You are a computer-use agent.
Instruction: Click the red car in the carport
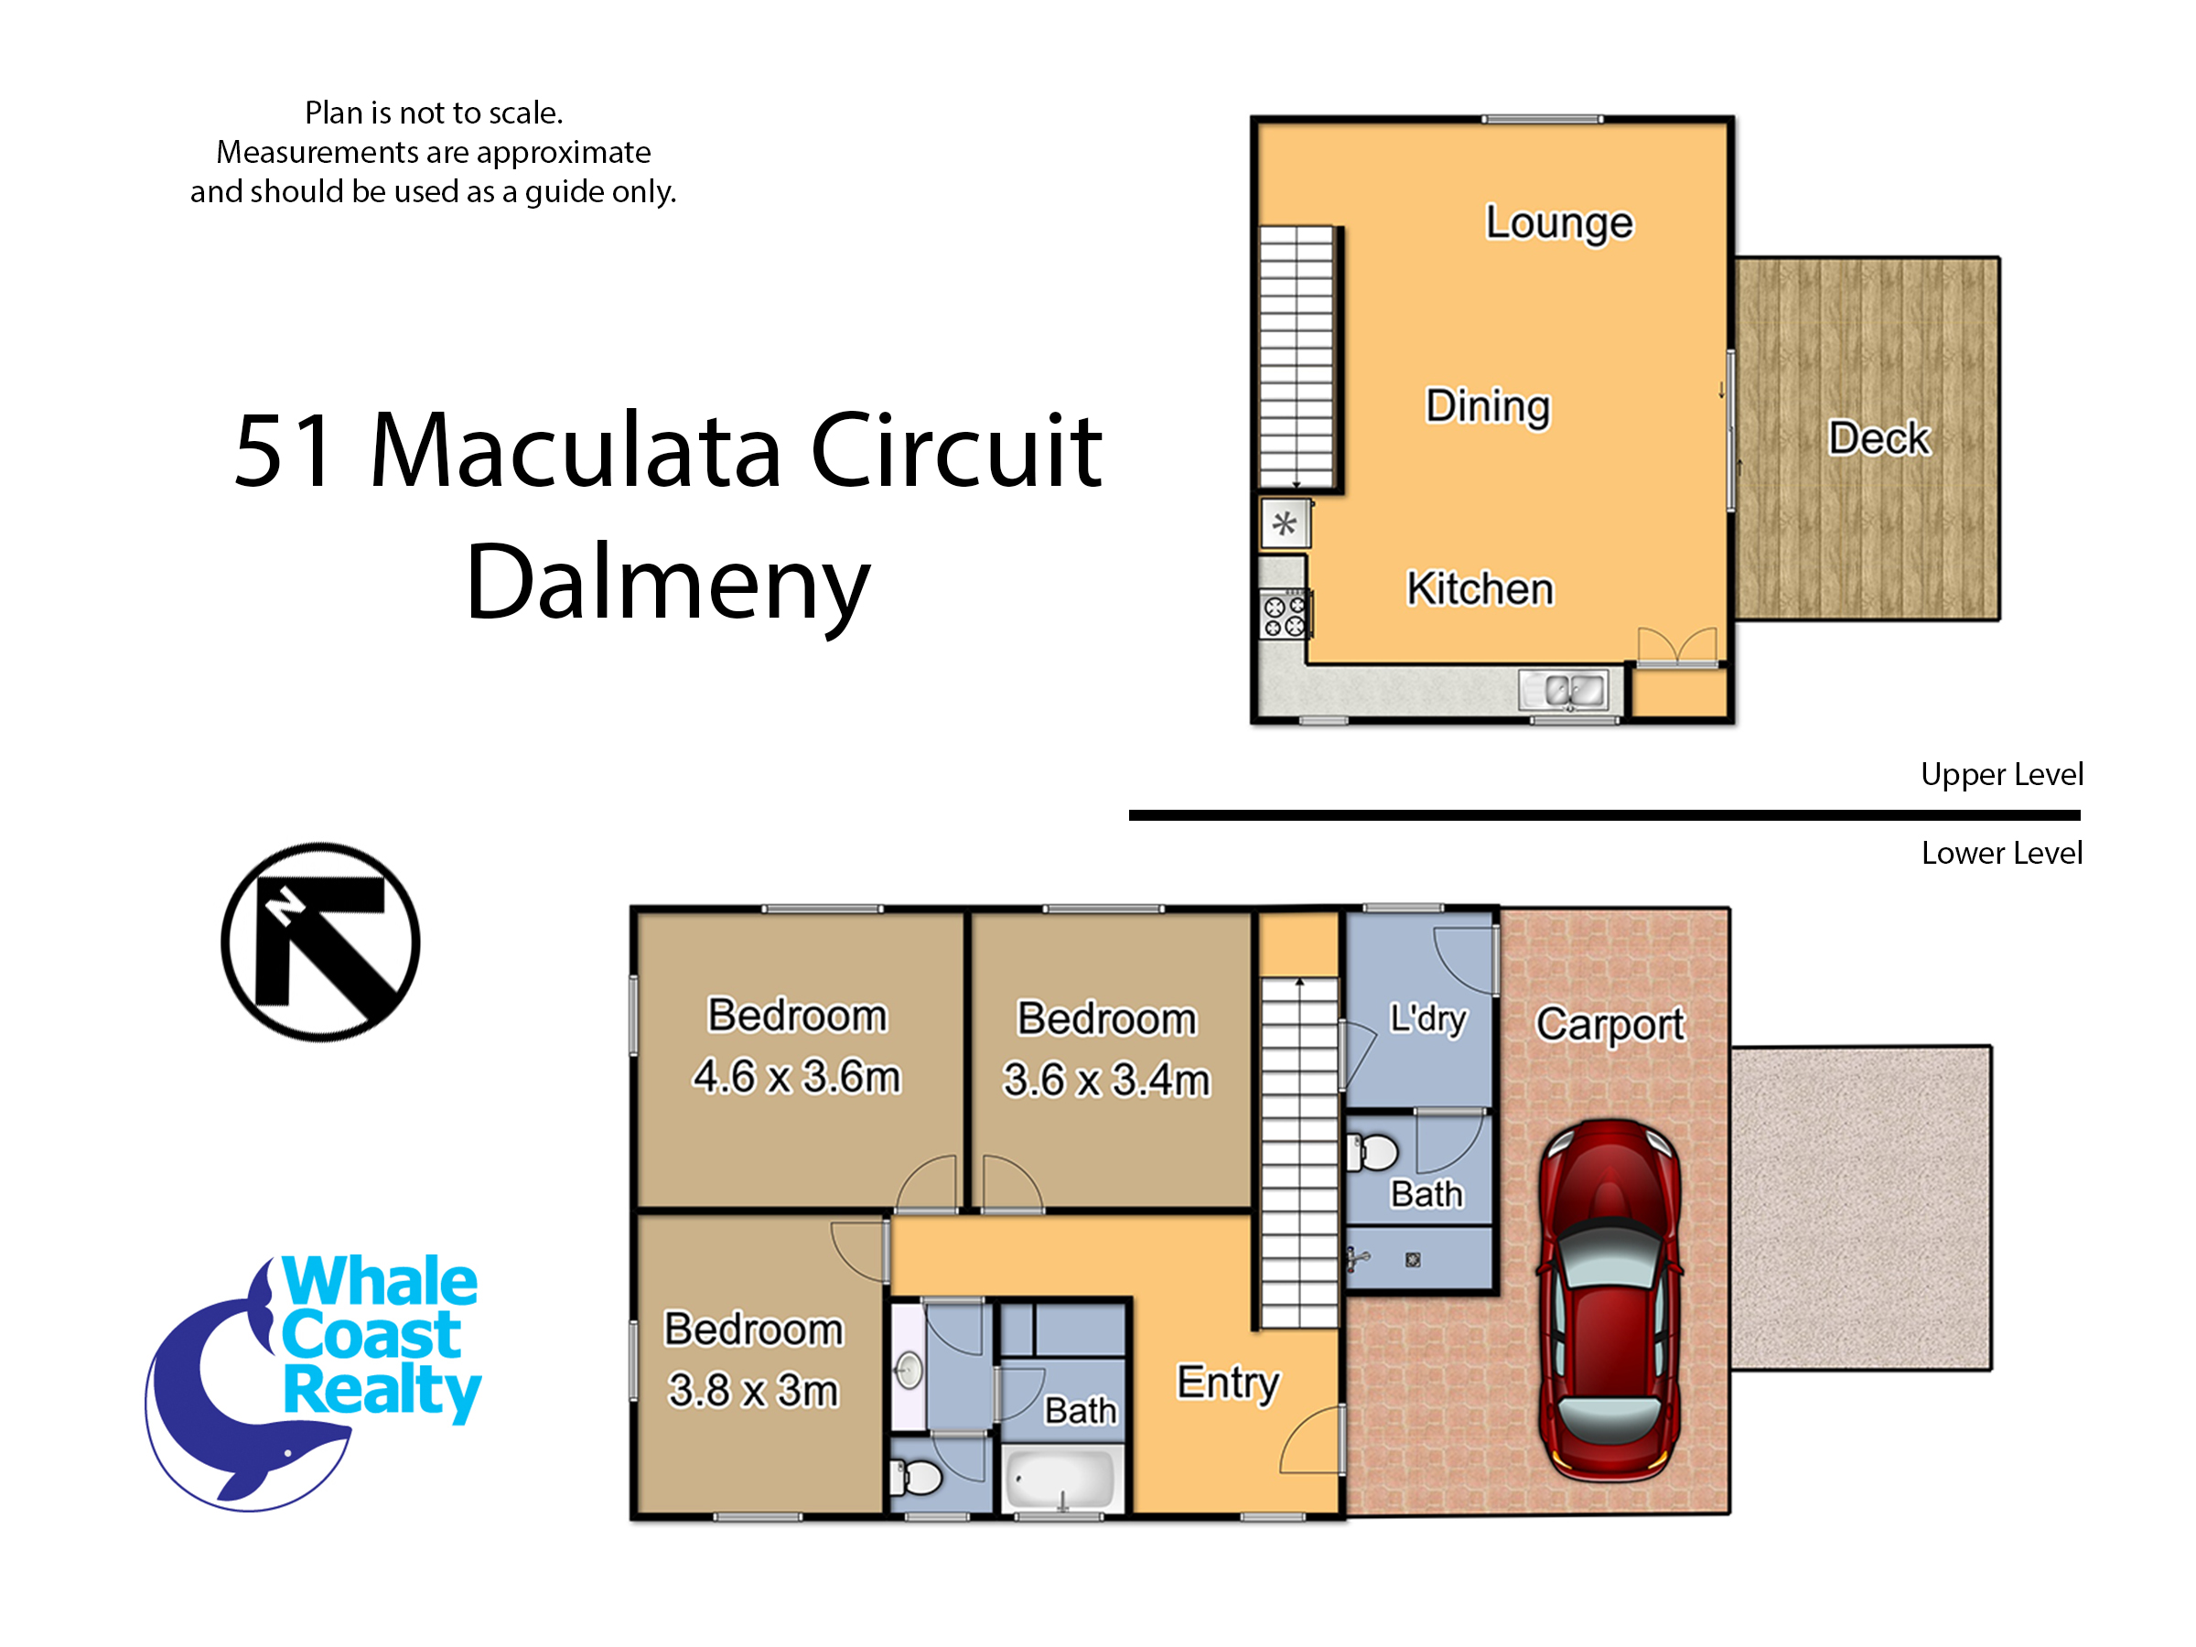1609,1300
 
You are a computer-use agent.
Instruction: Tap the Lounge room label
1558,223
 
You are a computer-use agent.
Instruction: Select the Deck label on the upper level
1879,437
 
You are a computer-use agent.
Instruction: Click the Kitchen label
1480,588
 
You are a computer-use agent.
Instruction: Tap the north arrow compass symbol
320,942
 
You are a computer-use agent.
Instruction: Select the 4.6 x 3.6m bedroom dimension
796,1076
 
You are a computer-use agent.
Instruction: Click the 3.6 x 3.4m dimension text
1106,1079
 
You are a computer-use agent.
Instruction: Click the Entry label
1228,1383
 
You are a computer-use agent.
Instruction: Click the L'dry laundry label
1427,1018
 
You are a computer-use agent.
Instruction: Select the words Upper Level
2001,774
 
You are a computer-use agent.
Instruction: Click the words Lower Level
2001,853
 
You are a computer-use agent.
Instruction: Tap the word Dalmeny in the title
667,583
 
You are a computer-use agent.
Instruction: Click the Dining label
1487,407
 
